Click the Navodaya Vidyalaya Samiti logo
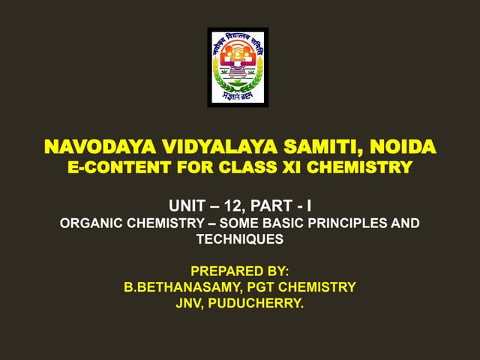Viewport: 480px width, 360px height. pyautogui.click(x=238, y=67)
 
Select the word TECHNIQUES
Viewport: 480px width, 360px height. pyautogui.click(x=240, y=239)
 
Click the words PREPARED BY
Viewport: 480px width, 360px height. pyautogui.click(x=240, y=269)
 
